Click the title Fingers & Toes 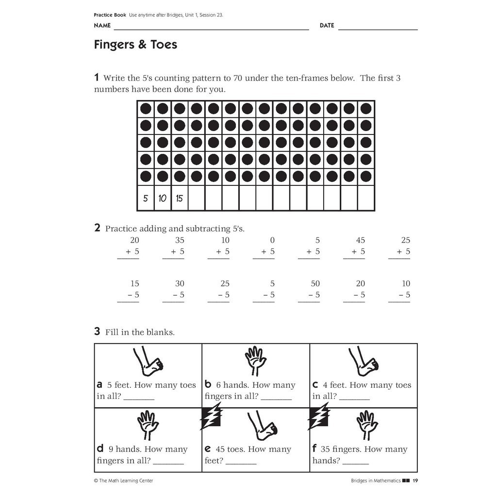(135, 45)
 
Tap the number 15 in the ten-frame (179, 198)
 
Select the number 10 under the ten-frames (162, 198)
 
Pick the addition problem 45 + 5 (356, 246)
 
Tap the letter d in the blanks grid (99, 449)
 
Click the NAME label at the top (102, 26)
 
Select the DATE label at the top (327, 26)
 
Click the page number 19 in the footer (415, 481)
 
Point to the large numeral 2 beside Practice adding (97, 228)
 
